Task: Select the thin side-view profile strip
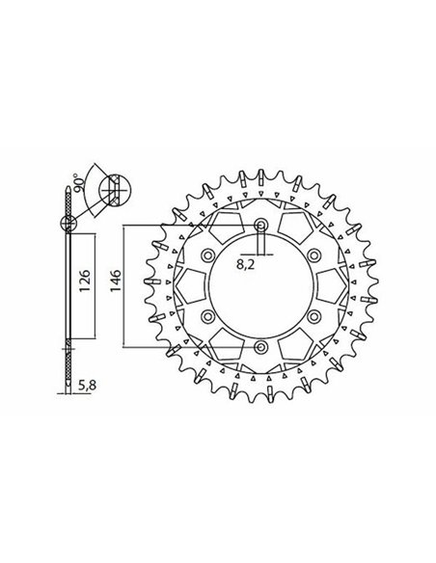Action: coord(67,289)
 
